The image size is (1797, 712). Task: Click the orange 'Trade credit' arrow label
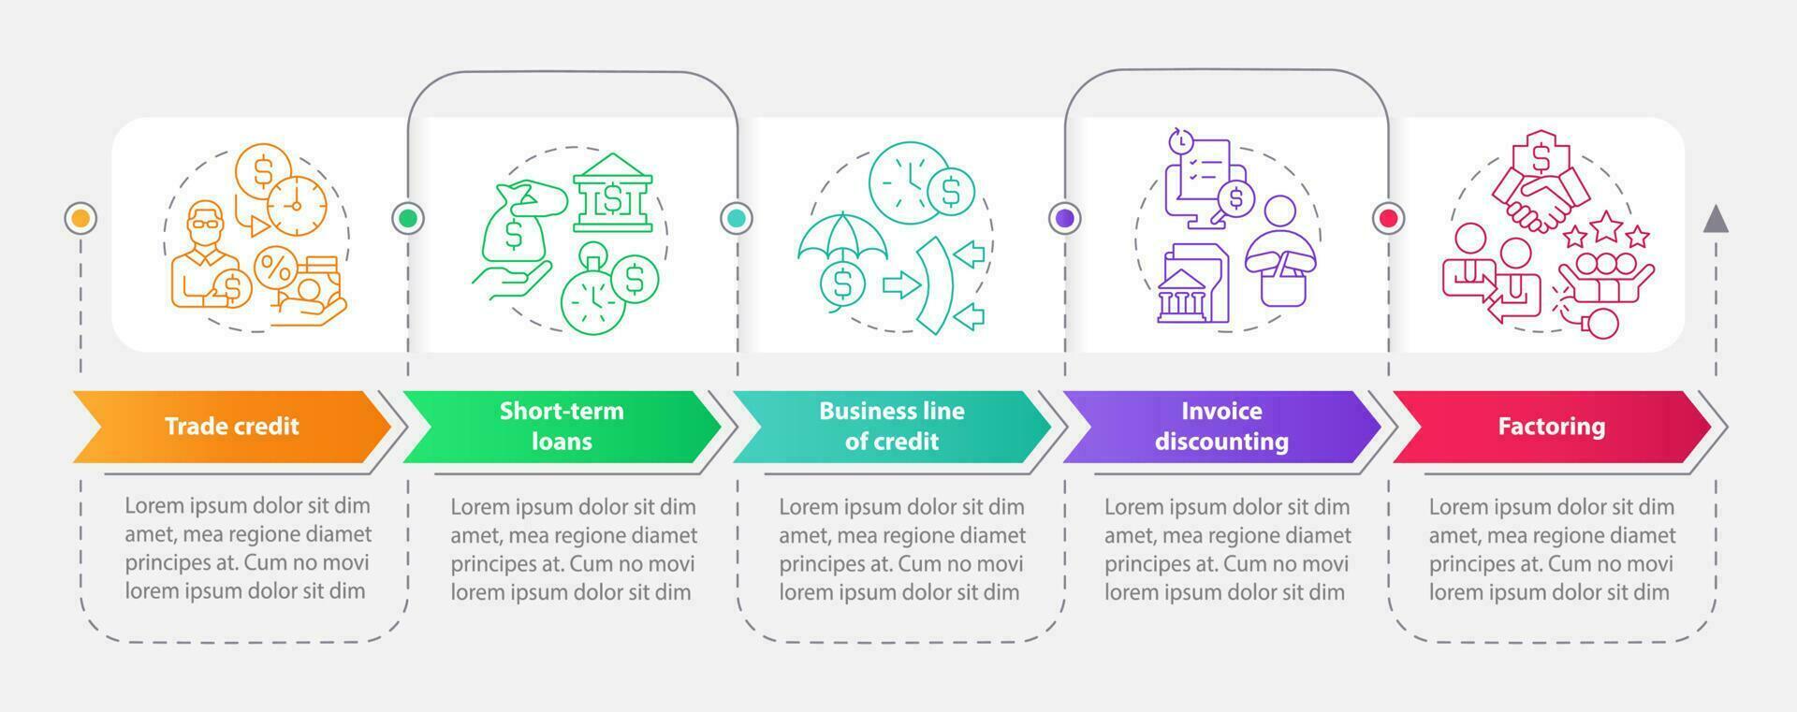click(x=231, y=427)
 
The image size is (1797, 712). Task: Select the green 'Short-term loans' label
click(x=562, y=427)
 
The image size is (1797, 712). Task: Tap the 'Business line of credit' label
click(x=891, y=427)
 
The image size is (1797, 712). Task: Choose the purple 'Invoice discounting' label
click(x=1221, y=427)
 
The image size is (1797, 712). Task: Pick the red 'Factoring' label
click(x=1551, y=427)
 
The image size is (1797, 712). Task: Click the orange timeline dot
click(x=80, y=218)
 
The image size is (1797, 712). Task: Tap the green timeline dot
click(x=408, y=218)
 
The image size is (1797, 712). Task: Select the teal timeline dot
click(x=737, y=218)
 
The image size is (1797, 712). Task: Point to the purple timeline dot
click(x=1065, y=218)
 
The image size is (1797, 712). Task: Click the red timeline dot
click(x=1389, y=218)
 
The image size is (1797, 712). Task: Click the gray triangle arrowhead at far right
click(x=1715, y=219)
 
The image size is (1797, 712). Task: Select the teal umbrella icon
click(x=842, y=239)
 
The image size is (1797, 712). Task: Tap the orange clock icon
click(x=297, y=205)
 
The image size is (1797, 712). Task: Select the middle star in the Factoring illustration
click(x=1606, y=225)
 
